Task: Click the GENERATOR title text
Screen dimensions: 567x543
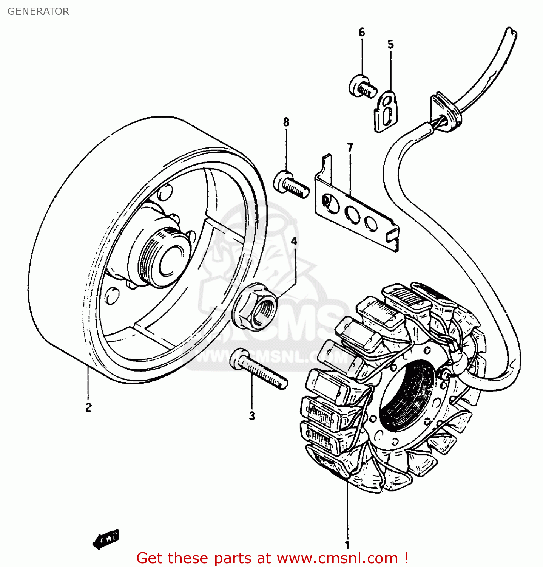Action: tap(38, 11)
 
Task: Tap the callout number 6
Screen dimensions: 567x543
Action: tap(362, 33)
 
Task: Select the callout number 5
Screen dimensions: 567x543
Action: tap(390, 45)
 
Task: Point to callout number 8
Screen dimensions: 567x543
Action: tap(286, 122)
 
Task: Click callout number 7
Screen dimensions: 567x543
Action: tap(350, 148)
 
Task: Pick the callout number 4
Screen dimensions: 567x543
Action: tap(294, 241)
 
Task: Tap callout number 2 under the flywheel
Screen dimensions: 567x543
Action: tap(88, 407)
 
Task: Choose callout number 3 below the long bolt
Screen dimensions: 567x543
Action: tap(252, 416)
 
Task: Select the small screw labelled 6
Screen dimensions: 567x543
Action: tap(363, 87)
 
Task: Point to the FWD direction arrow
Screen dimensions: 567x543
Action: tap(106, 538)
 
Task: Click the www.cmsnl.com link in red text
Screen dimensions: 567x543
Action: tap(337, 558)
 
